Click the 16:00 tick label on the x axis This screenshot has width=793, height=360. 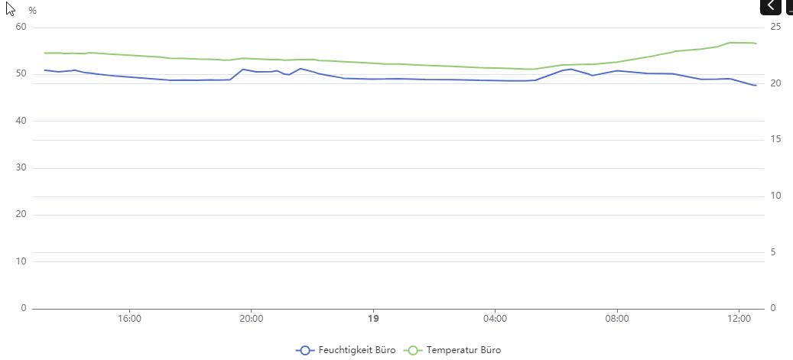click(x=129, y=319)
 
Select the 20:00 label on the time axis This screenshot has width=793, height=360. click(x=252, y=319)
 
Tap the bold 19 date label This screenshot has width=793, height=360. click(x=373, y=319)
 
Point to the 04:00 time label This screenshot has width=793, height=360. click(x=496, y=319)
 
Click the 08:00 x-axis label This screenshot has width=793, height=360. click(x=617, y=319)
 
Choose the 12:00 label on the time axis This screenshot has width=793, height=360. click(x=739, y=319)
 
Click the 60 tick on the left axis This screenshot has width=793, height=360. click(x=21, y=27)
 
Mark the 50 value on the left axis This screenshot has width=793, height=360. click(x=21, y=73)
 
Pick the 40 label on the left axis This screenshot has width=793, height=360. click(x=21, y=121)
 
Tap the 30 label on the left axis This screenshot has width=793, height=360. click(x=21, y=167)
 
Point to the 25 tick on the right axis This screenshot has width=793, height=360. click(x=775, y=27)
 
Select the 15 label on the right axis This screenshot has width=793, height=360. click(x=775, y=139)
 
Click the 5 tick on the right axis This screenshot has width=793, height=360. click(x=773, y=252)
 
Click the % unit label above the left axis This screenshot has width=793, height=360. click(x=32, y=11)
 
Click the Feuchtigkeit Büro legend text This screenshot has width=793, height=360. click(x=357, y=350)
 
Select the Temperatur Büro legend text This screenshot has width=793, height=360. click(x=464, y=350)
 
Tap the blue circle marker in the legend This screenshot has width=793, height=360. click(x=305, y=350)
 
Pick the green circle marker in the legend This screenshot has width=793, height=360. click(x=414, y=350)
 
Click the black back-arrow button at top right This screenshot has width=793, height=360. click(x=770, y=6)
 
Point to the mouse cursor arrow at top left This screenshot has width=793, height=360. click(x=10, y=9)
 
